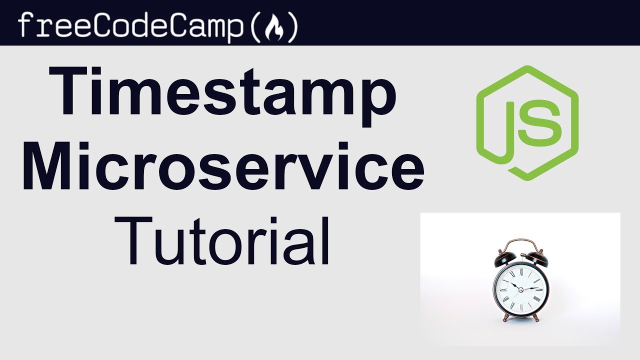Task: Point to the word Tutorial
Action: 225,240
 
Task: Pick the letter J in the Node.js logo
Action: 510,127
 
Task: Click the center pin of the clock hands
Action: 520,289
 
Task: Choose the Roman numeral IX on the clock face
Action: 501,289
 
